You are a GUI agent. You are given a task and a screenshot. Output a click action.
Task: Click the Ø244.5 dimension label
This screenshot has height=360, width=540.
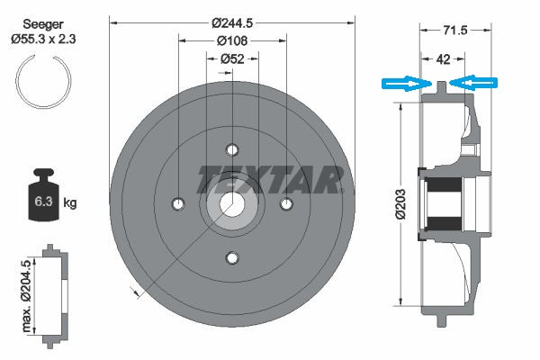coord(232,23)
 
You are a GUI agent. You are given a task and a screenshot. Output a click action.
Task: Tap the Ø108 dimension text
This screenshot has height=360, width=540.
coord(232,41)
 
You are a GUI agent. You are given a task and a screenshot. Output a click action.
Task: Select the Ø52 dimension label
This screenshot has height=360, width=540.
coord(232,59)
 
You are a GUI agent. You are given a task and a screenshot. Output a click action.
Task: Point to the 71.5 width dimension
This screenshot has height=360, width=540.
coord(454,31)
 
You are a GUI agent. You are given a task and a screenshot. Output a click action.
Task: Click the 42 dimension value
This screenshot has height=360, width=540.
coord(443,59)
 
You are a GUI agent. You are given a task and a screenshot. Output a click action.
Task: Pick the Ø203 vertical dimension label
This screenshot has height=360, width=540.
coord(400,204)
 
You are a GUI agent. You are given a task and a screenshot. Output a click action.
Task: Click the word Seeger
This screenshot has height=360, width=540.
coord(43,24)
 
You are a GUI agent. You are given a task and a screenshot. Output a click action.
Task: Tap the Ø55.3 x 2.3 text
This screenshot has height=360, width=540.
coord(43,39)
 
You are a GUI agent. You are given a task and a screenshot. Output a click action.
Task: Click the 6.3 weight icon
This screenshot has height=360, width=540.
coord(43,194)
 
